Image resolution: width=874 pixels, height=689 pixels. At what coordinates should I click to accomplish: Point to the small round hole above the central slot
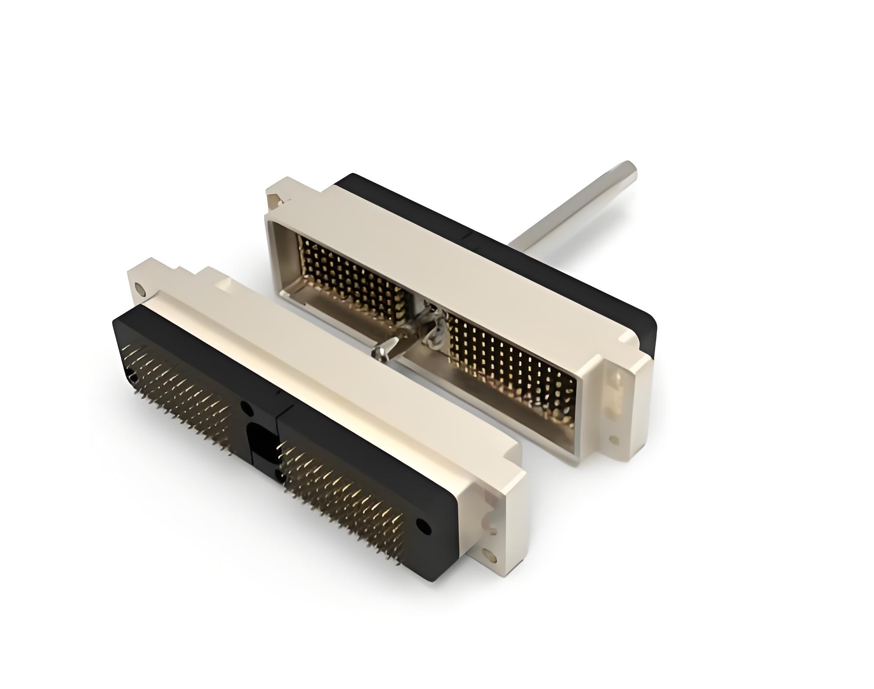247,408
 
